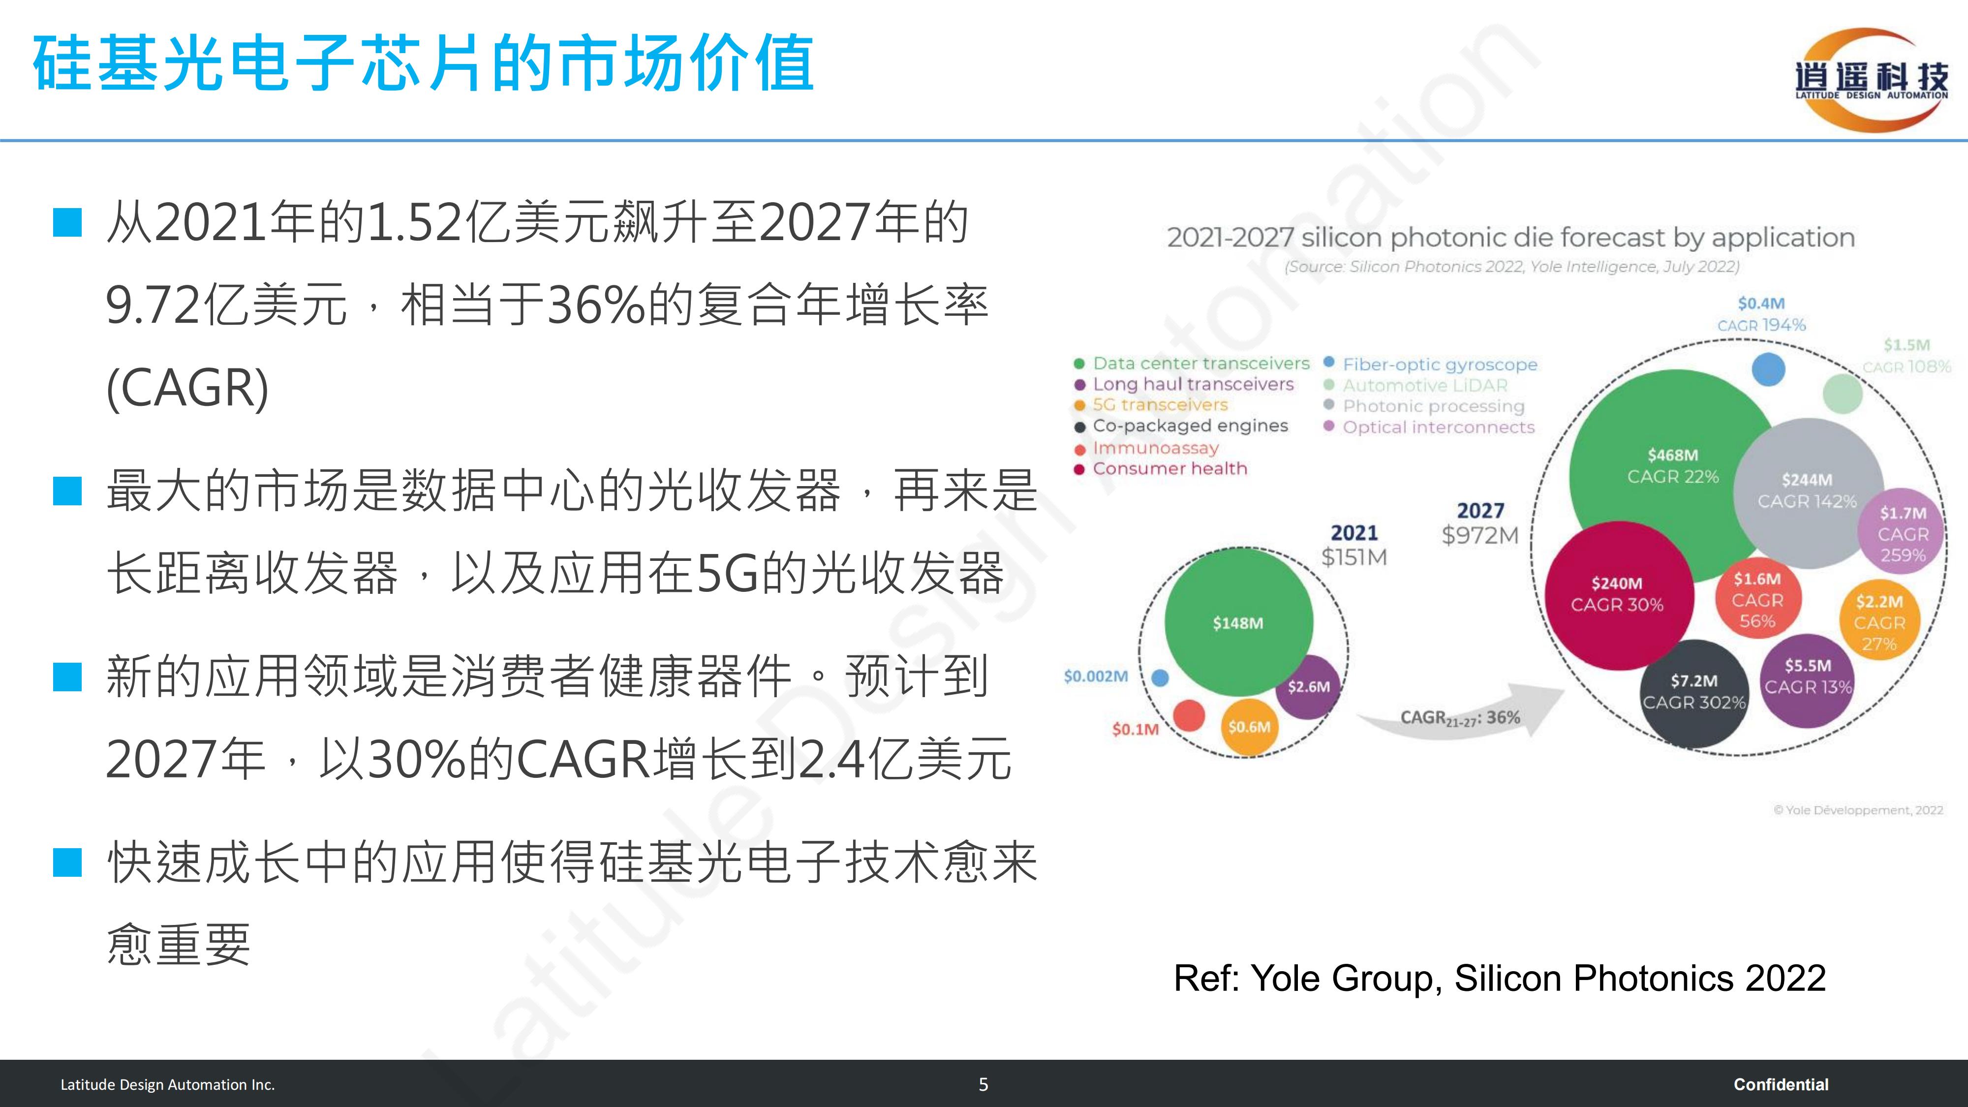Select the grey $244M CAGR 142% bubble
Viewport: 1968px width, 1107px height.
[1808, 493]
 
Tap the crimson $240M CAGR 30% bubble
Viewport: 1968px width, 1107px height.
[1617, 596]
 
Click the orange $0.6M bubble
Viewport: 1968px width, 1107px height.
[1249, 727]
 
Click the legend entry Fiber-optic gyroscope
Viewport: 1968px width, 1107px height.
[1430, 365]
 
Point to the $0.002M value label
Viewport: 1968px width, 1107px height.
[1096, 676]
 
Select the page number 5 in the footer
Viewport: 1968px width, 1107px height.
[983, 1084]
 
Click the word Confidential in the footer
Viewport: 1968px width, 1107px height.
[1781, 1084]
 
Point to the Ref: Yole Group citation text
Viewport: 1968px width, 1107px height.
[1500, 978]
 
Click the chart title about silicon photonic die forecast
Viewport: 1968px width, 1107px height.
[1511, 238]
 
